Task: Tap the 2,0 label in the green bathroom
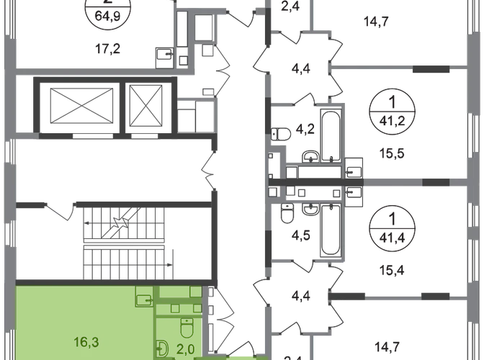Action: [186, 350]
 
